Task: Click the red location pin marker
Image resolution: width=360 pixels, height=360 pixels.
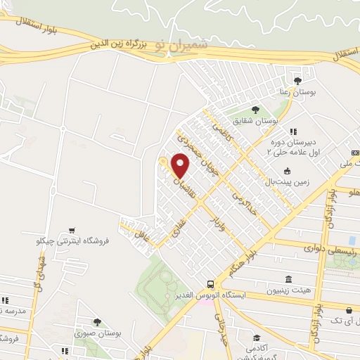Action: click(181, 165)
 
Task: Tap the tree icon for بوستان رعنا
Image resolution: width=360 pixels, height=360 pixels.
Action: click(297, 80)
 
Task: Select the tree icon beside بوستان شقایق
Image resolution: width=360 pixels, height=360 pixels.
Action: click(255, 109)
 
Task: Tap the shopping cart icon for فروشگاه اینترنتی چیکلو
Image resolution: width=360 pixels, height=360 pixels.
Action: click(72, 229)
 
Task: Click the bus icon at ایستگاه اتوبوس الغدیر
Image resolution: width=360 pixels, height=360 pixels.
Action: click(210, 284)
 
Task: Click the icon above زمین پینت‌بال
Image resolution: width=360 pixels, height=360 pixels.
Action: click(287, 171)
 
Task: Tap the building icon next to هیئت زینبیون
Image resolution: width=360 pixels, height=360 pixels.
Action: click(288, 279)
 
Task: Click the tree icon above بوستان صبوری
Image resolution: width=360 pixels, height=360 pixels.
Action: click(97, 322)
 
